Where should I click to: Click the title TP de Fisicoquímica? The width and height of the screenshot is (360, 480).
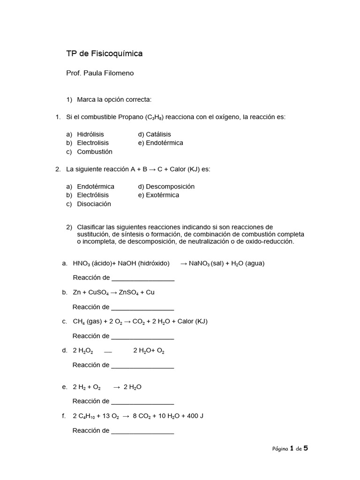tap(105, 54)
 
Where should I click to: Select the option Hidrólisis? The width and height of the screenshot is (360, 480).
tap(90, 134)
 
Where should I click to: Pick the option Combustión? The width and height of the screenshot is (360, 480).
tap(95, 151)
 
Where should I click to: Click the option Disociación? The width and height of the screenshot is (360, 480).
tap(94, 204)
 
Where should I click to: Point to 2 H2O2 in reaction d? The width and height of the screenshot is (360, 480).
tap(83, 351)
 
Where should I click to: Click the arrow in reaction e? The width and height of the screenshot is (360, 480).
tap(117, 387)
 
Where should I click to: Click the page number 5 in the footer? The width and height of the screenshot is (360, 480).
tap(306, 448)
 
